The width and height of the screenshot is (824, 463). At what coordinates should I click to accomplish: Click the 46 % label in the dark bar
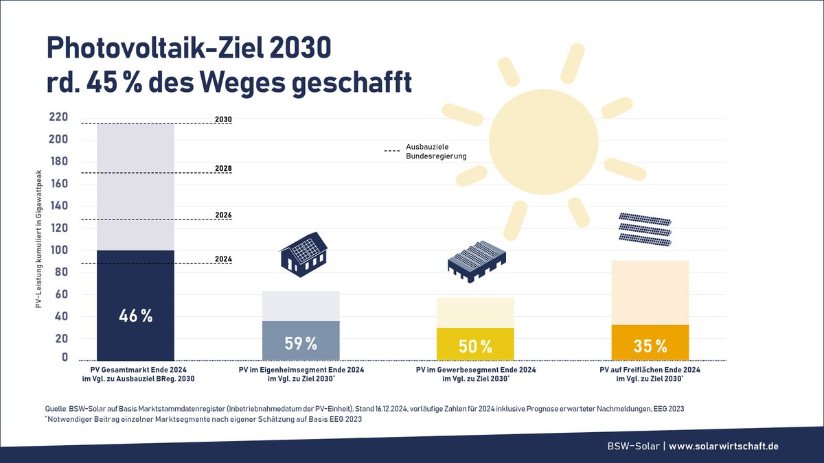pyautogui.click(x=135, y=316)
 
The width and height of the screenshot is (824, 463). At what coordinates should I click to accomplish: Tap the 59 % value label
pyautogui.click(x=301, y=343)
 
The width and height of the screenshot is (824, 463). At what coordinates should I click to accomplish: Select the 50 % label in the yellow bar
pyautogui.click(x=475, y=346)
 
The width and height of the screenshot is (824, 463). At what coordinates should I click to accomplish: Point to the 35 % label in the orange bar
pyautogui.click(x=650, y=346)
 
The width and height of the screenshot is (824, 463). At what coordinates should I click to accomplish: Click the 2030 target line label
pyautogui.click(x=223, y=119)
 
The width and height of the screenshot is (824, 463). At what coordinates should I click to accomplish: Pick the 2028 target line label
pyautogui.click(x=223, y=168)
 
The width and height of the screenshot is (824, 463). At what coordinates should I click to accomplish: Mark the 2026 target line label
pyautogui.click(x=223, y=215)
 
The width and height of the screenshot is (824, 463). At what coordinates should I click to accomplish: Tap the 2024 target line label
pyautogui.click(x=223, y=259)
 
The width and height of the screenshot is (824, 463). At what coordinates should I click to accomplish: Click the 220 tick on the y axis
pyautogui.click(x=58, y=117)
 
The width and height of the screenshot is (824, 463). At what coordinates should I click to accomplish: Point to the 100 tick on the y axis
pyautogui.click(x=58, y=250)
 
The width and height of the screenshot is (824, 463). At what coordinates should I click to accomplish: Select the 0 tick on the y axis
pyautogui.click(x=65, y=357)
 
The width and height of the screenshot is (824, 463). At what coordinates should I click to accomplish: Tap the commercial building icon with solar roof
pyautogui.click(x=477, y=263)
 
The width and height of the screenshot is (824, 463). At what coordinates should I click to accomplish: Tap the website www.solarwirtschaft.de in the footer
pyautogui.click(x=724, y=446)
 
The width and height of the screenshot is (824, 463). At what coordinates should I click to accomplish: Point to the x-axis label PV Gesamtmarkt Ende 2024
pyautogui.click(x=136, y=370)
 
